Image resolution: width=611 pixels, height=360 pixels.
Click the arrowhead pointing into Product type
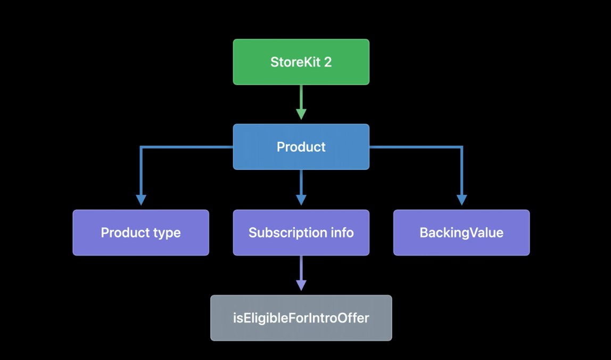tap(141, 200)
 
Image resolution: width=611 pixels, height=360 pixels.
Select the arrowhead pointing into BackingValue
tap(461, 200)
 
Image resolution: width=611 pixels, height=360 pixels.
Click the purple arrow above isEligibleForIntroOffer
tap(301, 274)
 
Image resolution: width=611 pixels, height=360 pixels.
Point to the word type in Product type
tap(167, 233)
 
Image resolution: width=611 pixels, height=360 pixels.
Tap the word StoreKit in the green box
tap(294, 62)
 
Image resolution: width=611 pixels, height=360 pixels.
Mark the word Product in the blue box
tap(301, 147)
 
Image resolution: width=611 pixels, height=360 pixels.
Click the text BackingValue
tap(461, 233)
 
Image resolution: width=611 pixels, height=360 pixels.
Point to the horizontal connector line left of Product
tap(186, 147)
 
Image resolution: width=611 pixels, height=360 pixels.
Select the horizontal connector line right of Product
tap(415, 147)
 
